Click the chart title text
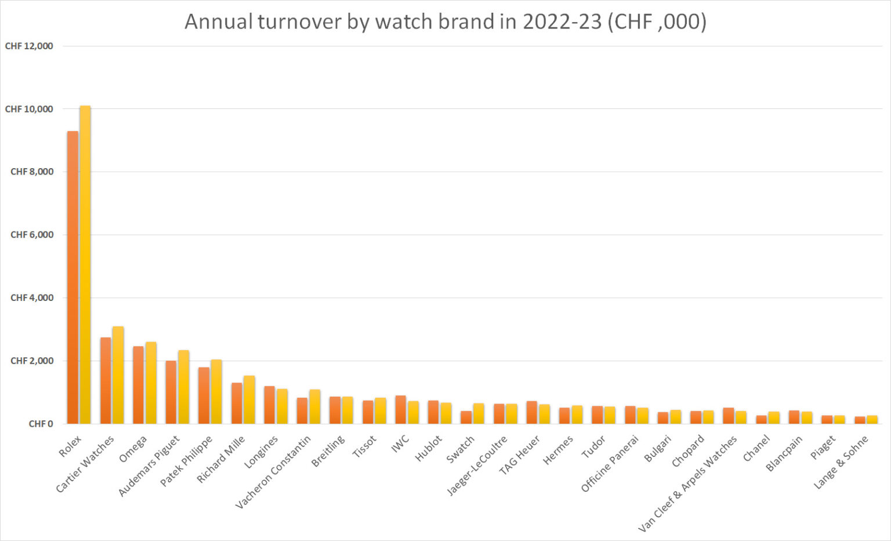(445, 22)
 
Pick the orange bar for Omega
(138, 385)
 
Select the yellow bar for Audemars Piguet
(183, 387)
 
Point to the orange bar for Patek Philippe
(204, 395)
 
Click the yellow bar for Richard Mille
(249, 400)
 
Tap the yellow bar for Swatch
(478, 413)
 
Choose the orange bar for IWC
(400, 409)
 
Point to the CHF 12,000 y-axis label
(29, 46)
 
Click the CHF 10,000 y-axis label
(29, 109)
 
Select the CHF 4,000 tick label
(32, 297)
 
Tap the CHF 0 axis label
(41, 424)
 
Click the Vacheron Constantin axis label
(273, 472)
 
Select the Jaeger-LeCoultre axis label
(477, 466)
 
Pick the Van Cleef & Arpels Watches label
(687, 484)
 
